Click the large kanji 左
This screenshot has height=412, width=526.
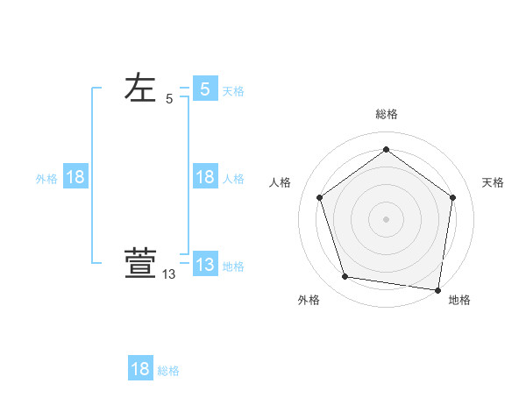coord(140,89)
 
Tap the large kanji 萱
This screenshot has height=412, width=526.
coord(140,264)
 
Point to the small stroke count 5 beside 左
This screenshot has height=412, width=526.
coord(169,99)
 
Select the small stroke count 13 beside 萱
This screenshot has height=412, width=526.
coord(169,274)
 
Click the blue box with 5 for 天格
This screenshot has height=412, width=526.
coord(205,89)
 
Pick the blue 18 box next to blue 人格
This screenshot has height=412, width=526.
coord(205,177)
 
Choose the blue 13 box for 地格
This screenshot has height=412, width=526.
coord(205,265)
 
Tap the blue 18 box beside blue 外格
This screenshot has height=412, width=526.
coord(75,177)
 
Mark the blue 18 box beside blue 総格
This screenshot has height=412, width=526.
coord(140,369)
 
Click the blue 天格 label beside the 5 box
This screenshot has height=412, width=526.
coord(233,91)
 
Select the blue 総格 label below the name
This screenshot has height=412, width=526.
coord(168,372)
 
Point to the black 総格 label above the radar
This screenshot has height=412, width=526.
coord(386,114)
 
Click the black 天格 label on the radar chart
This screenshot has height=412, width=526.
coord(493,182)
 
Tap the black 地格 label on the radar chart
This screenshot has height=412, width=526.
coord(459,301)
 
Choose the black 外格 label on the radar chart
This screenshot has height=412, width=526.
coord(309,301)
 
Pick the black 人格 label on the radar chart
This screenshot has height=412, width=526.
coord(281,182)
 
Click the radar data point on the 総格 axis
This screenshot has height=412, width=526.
coord(386,149)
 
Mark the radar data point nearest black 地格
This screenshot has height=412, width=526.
coord(437,289)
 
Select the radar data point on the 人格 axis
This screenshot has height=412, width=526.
coord(319,197)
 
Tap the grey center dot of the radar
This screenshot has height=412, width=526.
coord(386,218)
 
